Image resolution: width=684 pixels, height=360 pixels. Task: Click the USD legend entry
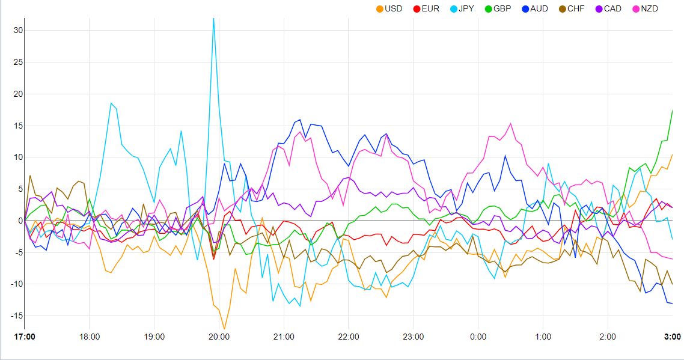(x=389, y=8)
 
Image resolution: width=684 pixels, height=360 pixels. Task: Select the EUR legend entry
(x=426, y=8)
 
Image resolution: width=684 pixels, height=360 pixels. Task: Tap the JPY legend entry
(x=462, y=8)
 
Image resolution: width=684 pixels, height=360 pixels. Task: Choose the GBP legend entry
(x=498, y=8)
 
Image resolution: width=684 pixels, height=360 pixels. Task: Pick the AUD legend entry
(x=534, y=8)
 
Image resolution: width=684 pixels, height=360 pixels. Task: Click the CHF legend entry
(x=571, y=8)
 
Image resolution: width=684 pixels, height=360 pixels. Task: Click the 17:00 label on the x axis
(x=25, y=337)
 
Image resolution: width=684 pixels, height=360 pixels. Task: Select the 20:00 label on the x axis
(x=219, y=337)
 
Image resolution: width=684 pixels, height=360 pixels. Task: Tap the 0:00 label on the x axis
(x=478, y=337)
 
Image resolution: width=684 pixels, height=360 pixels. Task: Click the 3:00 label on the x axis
(x=672, y=337)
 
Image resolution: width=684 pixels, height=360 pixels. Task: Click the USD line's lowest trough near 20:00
(x=224, y=329)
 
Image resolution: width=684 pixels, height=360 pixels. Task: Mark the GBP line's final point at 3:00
(x=672, y=111)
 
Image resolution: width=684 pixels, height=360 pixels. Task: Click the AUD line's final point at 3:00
(x=672, y=304)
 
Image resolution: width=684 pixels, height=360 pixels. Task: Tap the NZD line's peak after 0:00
(x=510, y=124)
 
